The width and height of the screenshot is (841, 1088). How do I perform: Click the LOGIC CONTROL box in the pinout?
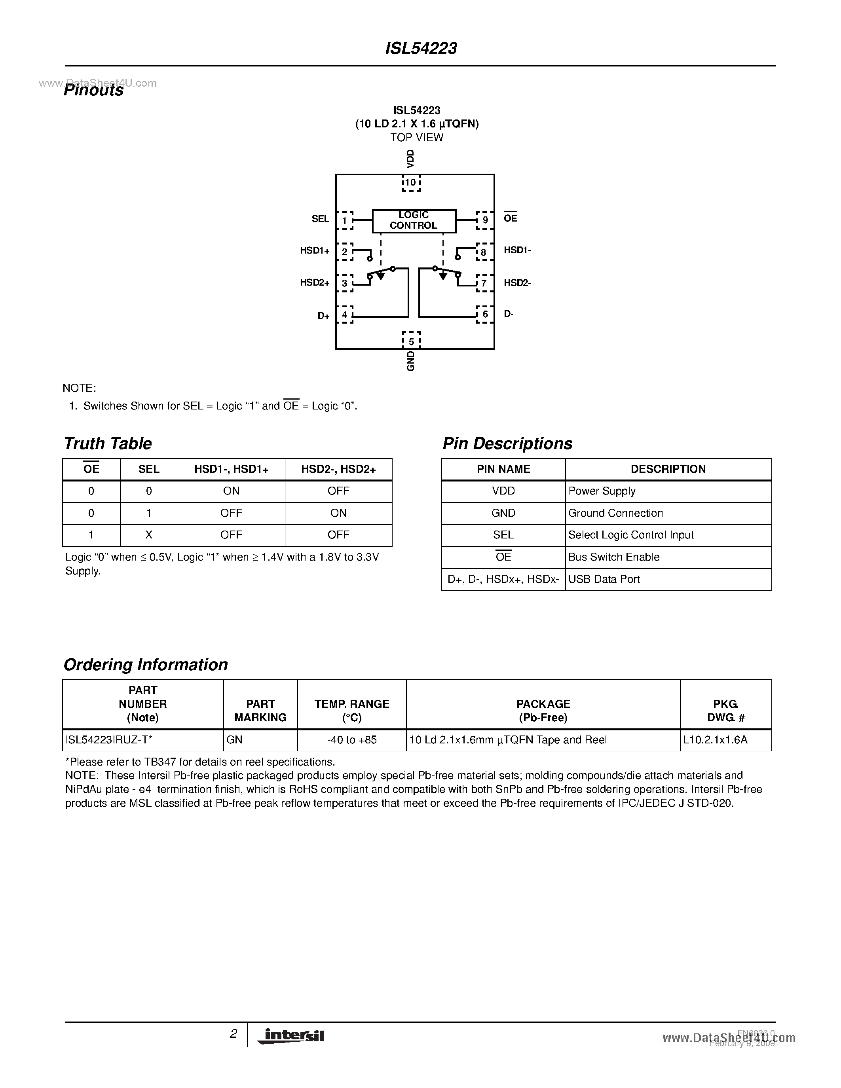[x=414, y=221]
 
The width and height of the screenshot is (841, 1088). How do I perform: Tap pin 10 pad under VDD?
[x=411, y=183]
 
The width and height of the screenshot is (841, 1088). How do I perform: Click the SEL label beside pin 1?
[x=320, y=219]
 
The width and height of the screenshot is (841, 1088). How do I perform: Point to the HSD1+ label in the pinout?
[x=314, y=250]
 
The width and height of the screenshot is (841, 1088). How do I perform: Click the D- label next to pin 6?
[x=509, y=314]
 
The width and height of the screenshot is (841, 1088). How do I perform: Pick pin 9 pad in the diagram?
[x=485, y=220]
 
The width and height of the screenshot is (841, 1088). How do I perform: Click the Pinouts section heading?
[x=94, y=90]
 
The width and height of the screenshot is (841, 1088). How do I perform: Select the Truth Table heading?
[x=108, y=444]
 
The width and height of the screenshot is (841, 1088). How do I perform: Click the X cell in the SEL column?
[x=148, y=535]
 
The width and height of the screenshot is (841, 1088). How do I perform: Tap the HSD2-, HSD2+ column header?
[x=338, y=469]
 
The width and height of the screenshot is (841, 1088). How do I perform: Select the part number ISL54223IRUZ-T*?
[x=108, y=740]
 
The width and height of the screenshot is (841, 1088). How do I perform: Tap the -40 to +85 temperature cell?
[x=352, y=740]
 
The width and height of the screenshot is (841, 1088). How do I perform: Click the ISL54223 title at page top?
[x=421, y=48]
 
